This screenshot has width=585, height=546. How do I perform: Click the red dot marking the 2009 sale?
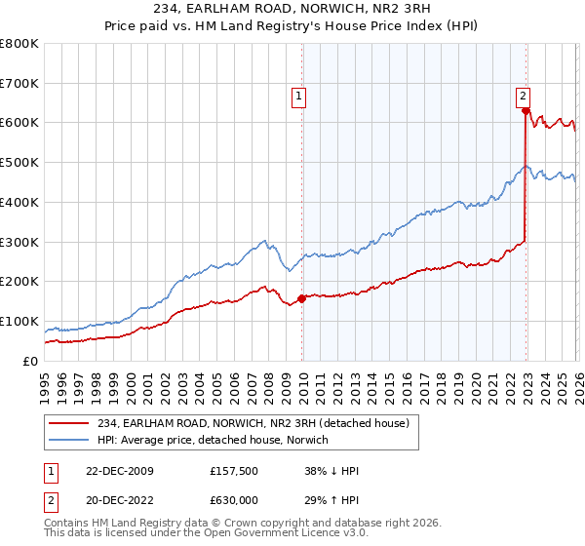pos(301,298)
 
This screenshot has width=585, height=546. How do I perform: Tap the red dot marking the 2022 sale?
pos(526,111)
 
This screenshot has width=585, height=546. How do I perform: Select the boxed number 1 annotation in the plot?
pos(298,96)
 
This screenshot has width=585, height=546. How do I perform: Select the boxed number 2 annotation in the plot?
pos(524,96)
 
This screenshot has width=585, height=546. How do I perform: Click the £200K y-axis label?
pos(19,282)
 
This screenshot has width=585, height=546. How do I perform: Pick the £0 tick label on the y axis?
pos(31,361)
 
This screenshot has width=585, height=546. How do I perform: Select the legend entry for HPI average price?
pos(213,440)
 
